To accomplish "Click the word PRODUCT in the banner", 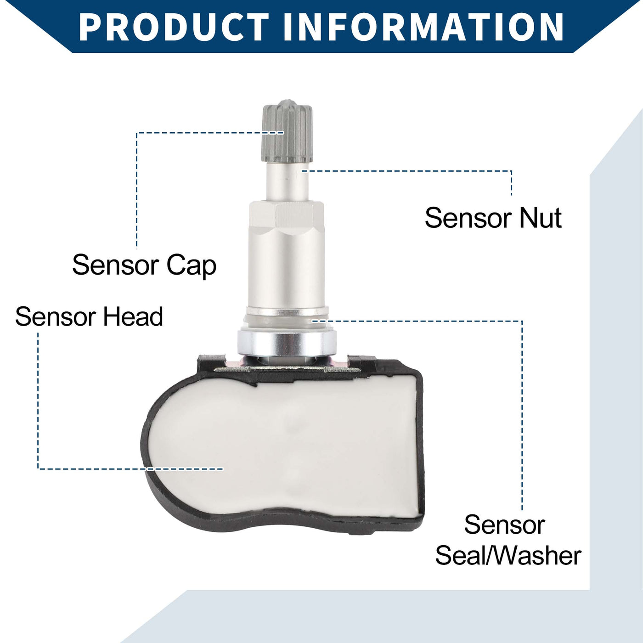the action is tap(174, 27).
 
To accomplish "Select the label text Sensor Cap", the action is tap(144, 266).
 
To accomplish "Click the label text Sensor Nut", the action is tap(493, 218).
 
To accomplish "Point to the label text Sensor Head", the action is tap(89, 316).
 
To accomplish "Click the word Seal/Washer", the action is tap(508, 556).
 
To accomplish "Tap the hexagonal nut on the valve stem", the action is tap(287, 217).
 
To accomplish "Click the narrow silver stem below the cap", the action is tap(288, 181).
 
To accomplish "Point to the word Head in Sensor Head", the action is tap(133, 316).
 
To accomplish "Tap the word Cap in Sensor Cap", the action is tap(192, 266).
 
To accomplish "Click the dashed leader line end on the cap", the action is tap(283, 132).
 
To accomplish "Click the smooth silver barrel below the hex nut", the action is tap(287, 270).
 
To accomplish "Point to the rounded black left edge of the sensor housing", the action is tap(146, 444).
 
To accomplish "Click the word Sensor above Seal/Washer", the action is tap(504, 525).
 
